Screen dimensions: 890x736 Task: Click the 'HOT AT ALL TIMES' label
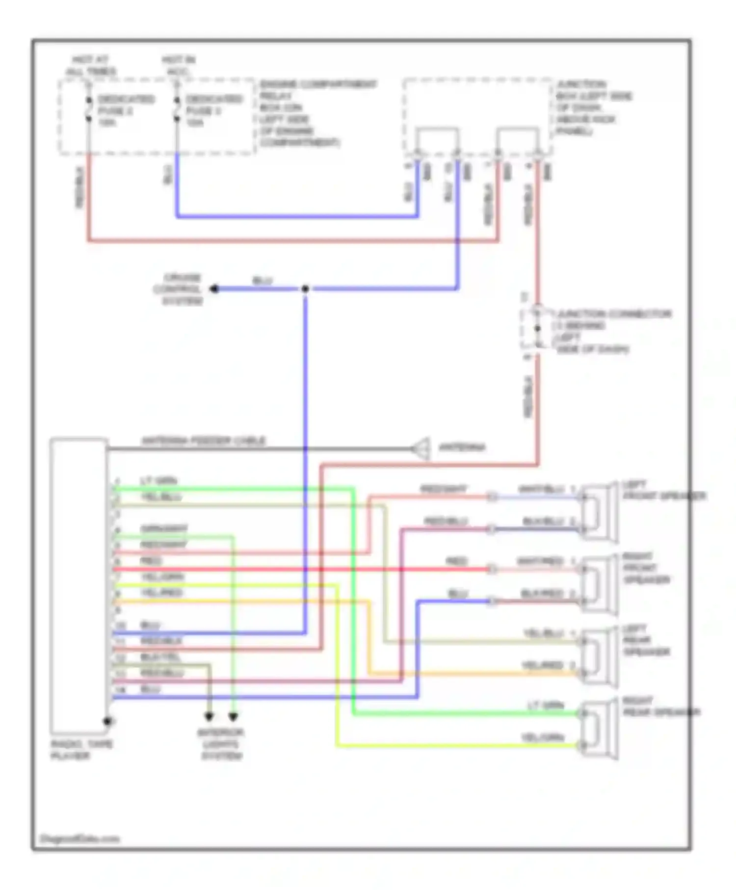[x=91, y=66]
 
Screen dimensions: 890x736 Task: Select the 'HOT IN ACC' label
[x=178, y=66]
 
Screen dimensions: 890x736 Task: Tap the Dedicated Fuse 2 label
[x=126, y=110]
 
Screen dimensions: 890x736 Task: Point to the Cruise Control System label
[x=182, y=289]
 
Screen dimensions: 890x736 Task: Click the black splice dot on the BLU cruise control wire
[x=305, y=289]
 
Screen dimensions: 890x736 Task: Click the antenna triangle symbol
[x=422, y=448]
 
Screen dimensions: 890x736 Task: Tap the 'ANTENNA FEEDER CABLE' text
[x=203, y=441]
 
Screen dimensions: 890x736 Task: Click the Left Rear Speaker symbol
[x=600, y=657]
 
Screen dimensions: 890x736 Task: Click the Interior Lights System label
[x=221, y=744]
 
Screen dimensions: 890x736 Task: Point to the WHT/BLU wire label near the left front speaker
[x=541, y=490]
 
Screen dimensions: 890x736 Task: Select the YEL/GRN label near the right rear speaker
[x=542, y=738]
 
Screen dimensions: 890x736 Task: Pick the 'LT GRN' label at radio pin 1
[x=158, y=481]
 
